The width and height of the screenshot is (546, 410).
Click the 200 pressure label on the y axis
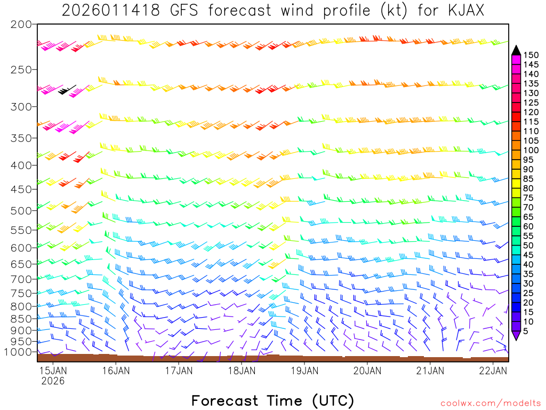coord(21,25)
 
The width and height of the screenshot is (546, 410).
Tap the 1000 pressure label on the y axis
coord(19,352)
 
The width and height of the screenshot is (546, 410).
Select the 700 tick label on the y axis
coord(21,279)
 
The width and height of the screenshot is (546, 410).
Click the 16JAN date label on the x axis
coord(115,370)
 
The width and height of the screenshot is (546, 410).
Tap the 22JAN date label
coord(493,370)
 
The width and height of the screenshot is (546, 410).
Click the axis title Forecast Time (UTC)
coord(272,400)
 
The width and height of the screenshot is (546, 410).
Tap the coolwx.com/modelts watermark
coord(491,403)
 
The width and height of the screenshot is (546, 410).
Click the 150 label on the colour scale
coord(531,55)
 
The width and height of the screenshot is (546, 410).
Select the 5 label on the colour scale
coord(526,332)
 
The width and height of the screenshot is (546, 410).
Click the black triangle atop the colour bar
coord(516,50)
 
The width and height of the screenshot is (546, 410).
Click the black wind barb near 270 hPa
coord(67,90)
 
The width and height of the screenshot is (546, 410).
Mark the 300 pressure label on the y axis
coord(21,107)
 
